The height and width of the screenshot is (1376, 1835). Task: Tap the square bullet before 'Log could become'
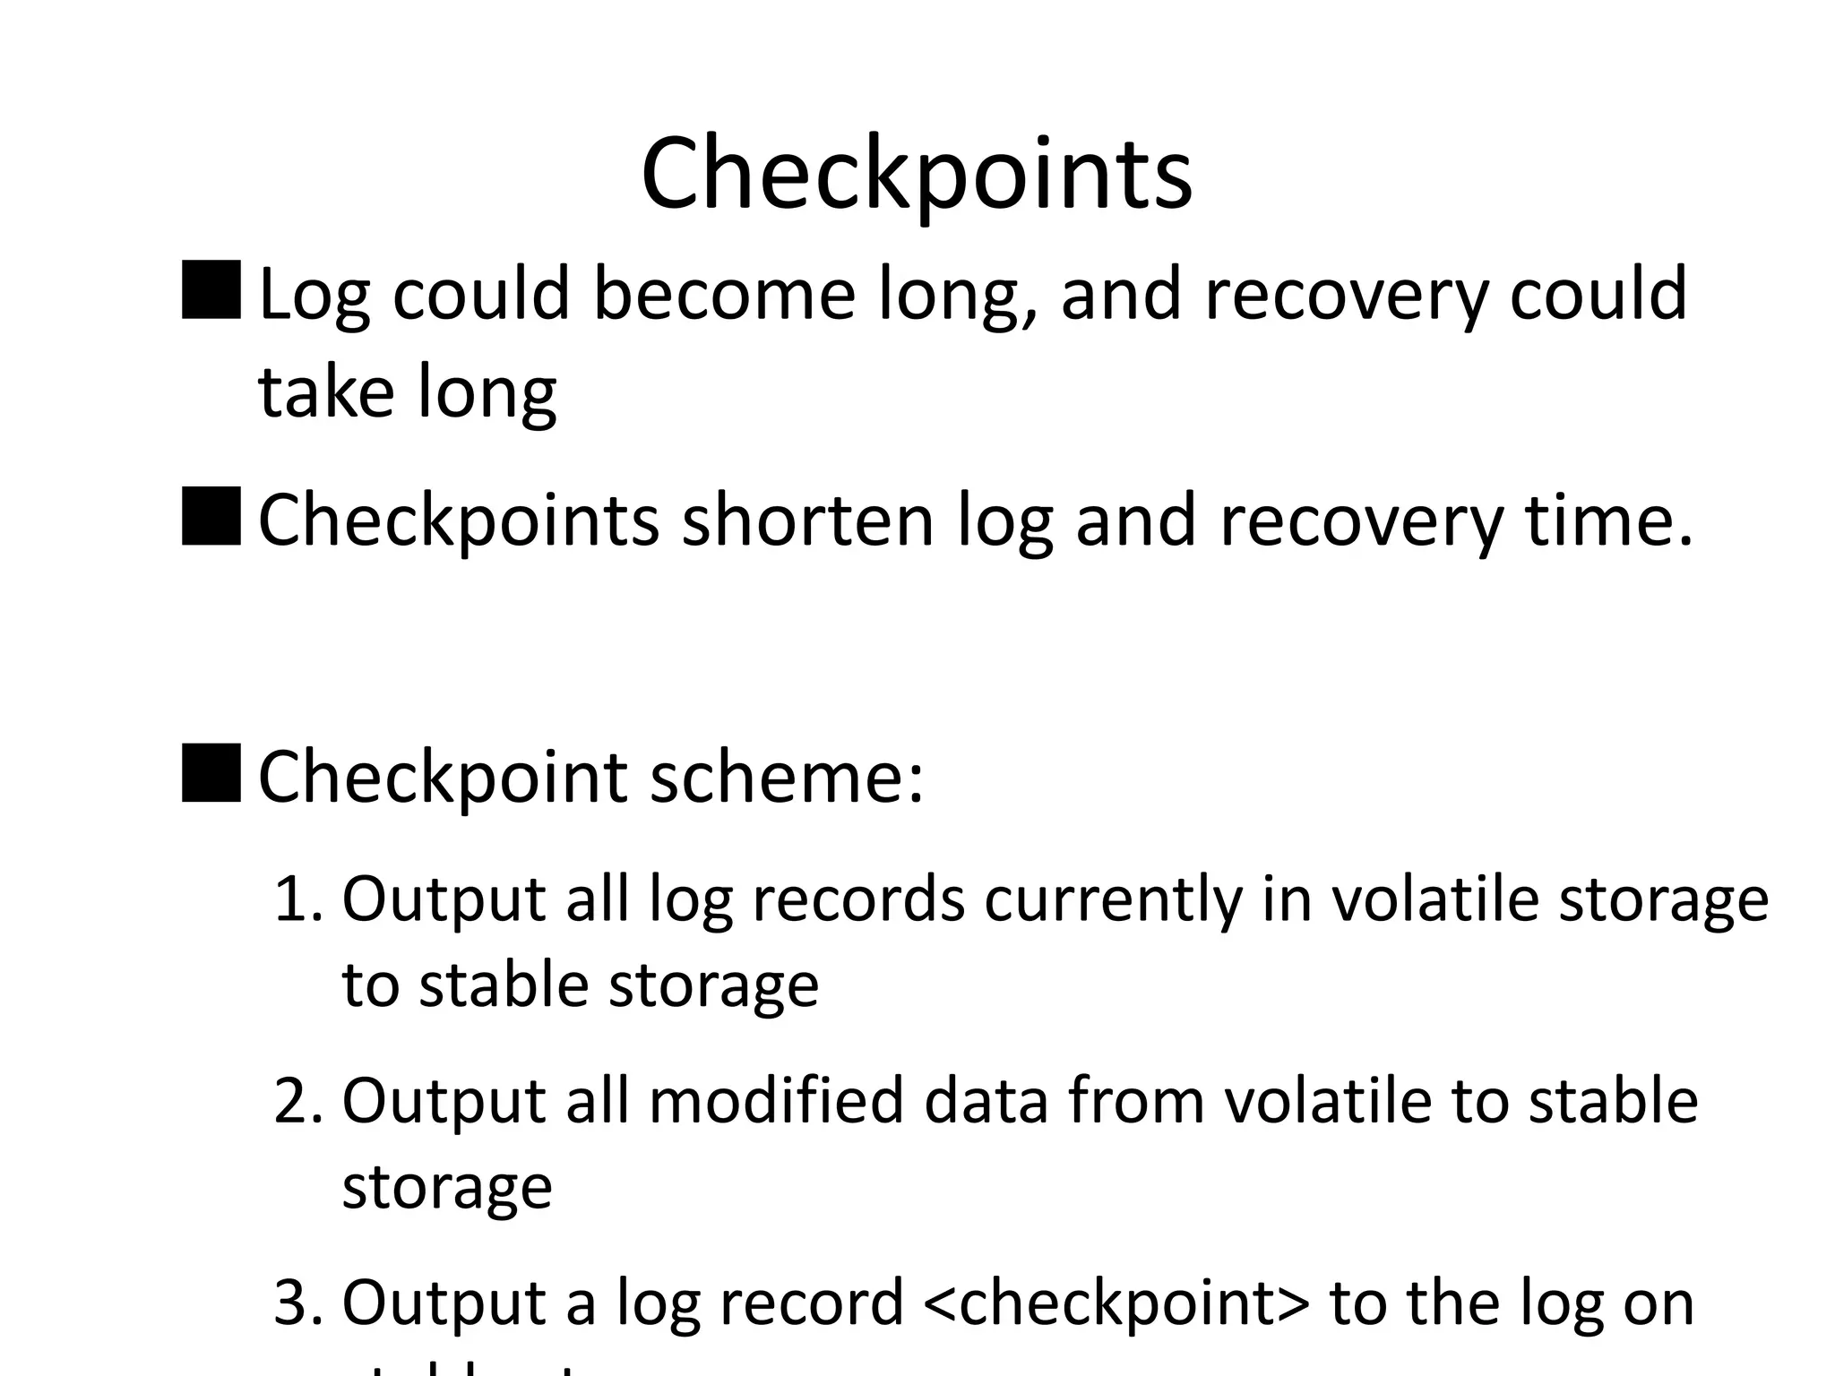[211, 290]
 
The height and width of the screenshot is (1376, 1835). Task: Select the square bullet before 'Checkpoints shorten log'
[211, 517]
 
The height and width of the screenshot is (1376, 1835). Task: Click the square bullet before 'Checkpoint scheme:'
[211, 772]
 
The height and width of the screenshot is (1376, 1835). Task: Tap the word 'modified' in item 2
[776, 1101]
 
